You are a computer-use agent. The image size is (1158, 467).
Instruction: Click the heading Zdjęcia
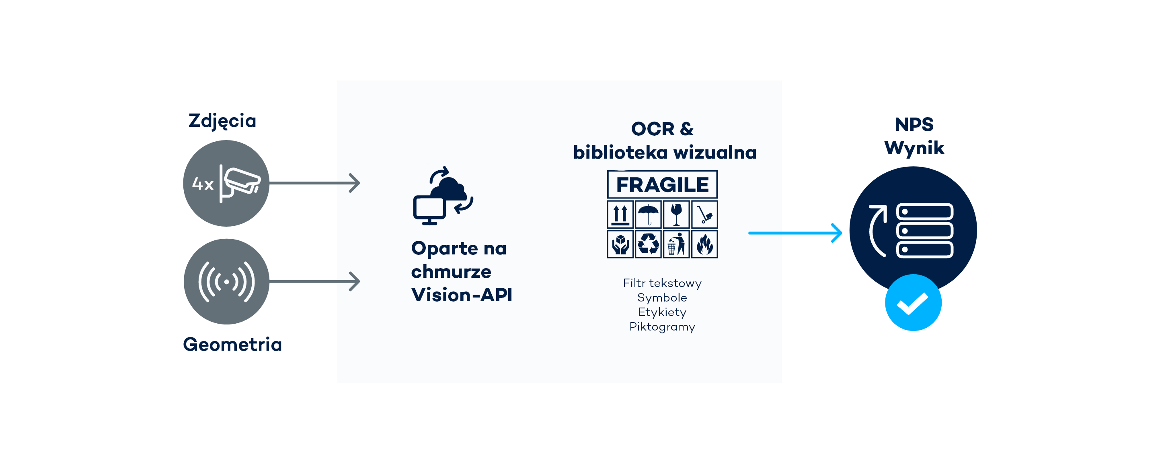[x=222, y=121]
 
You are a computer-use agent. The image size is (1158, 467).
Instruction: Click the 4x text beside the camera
[x=202, y=184]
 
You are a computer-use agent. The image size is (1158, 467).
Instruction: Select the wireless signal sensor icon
[x=226, y=282]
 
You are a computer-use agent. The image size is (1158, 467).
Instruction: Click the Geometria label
[x=232, y=344]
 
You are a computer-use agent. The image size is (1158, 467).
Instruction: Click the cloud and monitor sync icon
[x=443, y=196]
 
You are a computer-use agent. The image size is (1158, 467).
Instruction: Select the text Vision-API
[x=462, y=295]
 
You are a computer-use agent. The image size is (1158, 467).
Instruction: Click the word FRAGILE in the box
[x=662, y=185]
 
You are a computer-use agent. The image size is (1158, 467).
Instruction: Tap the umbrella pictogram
[x=648, y=215]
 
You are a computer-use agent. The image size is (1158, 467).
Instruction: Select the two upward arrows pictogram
[x=620, y=215]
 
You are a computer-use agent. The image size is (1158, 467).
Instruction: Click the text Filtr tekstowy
[x=662, y=283]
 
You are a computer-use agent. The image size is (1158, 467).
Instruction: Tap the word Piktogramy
[x=662, y=326]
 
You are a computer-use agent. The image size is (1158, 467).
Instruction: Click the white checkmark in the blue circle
[x=913, y=303]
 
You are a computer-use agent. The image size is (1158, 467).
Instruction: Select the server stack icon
[x=925, y=230]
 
